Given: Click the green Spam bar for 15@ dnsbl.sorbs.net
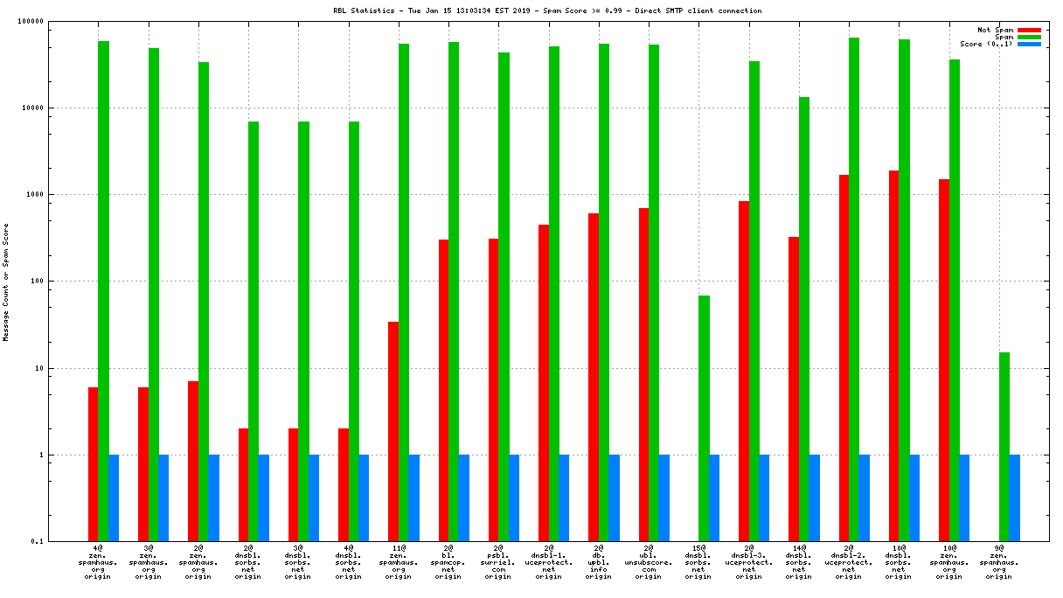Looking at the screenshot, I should (x=704, y=418).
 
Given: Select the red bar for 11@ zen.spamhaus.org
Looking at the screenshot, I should (x=393, y=431).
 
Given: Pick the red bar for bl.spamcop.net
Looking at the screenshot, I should (x=443, y=390).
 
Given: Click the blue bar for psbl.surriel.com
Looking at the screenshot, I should (x=514, y=497).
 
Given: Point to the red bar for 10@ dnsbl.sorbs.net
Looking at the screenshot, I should (x=893, y=355).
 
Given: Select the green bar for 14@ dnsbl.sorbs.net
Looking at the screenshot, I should (x=804, y=319).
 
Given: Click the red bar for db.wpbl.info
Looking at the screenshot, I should (x=594, y=377).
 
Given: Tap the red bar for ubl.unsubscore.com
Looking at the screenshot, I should (x=643, y=374).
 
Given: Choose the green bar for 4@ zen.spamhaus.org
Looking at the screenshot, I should (x=103, y=290).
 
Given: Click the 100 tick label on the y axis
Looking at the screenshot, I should (x=61, y=282).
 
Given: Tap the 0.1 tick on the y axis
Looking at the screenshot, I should (x=61, y=542).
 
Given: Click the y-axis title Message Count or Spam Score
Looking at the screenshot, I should (x=6, y=282).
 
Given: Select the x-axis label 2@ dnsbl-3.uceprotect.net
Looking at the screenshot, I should (x=748, y=562).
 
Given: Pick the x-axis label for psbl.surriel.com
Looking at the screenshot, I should (x=498, y=562).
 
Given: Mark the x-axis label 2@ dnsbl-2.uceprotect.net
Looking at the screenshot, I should (x=848, y=562).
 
